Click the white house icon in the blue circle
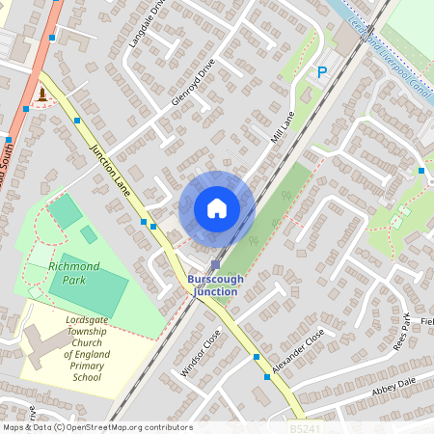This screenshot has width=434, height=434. click(217, 207)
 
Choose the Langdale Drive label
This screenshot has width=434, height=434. click(146, 28)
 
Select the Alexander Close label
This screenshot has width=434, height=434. click(299, 353)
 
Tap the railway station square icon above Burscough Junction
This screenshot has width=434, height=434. click(215, 264)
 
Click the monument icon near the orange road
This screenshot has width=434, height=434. click(42, 95)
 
